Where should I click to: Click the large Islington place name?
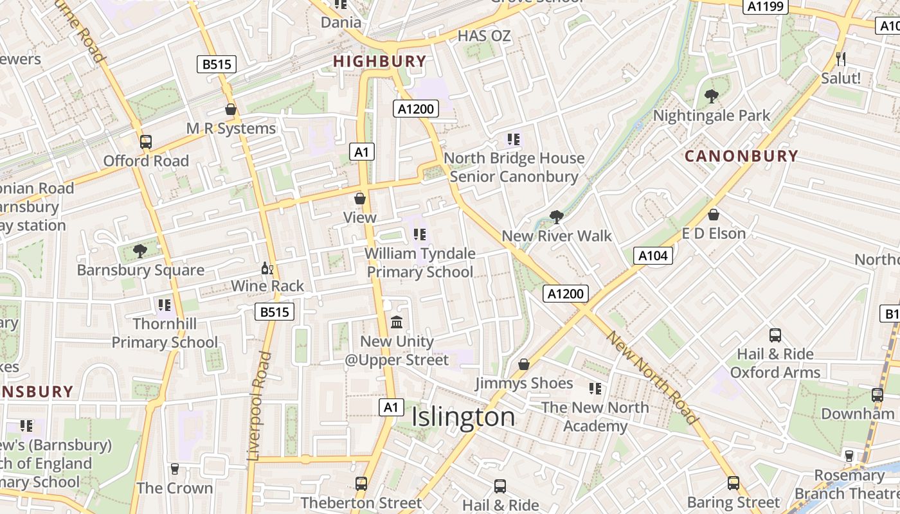click(x=463, y=417)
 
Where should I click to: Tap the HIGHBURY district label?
click(x=379, y=62)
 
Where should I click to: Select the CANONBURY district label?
click(x=741, y=156)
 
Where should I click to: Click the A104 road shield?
click(x=653, y=256)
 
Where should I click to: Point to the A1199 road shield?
click(x=766, y=6)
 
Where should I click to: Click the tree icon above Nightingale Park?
click(x=711, y=96)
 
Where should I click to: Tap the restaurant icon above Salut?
click(x=841, y=59)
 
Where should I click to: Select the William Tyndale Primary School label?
click(x=420, y=263)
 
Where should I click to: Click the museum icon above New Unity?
click(x=397, y=322)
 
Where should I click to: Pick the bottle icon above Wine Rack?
click(x=267, y=268)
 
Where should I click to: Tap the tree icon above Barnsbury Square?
click(x=139, y=251)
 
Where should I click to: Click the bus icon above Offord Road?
click(x=146, y=142)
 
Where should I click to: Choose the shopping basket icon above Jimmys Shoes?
click(x=524, y=364)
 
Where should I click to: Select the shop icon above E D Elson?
click(x=713, y=215)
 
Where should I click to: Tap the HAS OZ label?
click(x=484, y=36)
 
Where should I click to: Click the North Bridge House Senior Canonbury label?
click(x=514, y=167)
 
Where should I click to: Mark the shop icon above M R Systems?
click(x=231, y=110)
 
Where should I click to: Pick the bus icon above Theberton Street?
click(x=361, y=483)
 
